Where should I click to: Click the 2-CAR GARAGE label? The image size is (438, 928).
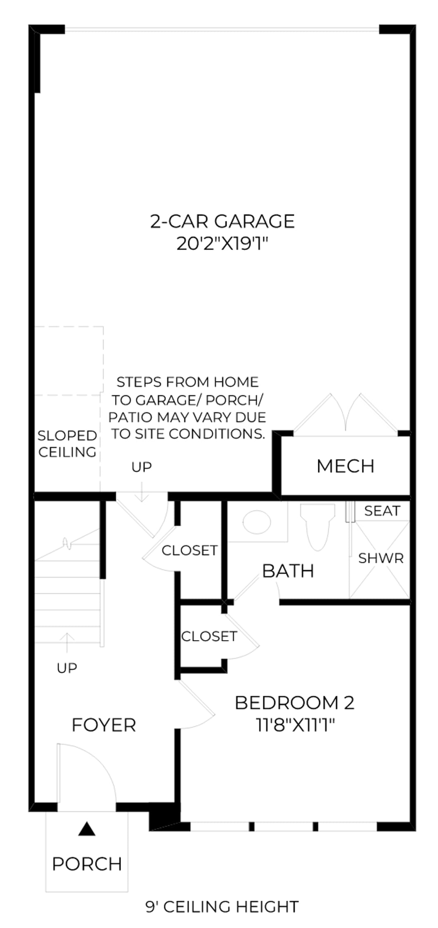coord(222,221)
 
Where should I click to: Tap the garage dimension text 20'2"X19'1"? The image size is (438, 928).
coord(222,244)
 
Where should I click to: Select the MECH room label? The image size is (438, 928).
coord(346,466)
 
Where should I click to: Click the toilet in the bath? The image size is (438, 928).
coord(317,526)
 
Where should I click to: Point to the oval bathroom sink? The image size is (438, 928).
coord(256,522)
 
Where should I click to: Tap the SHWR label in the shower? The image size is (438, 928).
coord(381,558)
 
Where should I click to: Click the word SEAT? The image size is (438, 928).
coord(382,511)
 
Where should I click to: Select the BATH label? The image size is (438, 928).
coord(288,571)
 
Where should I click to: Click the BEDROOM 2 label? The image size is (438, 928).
coord(295,703)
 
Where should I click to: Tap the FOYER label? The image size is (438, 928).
coord(104,725)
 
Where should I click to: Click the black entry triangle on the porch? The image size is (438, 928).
coord(87,828)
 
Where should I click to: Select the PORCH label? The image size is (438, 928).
coord(87,864)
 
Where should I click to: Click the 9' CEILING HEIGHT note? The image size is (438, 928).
coord(222,907)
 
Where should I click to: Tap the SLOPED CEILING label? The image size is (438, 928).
coord(67,444)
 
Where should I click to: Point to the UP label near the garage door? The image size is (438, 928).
coord(142,467)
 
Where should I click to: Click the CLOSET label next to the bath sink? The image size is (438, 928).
coord(189,550)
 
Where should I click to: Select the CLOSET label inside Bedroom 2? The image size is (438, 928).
coord(209,636)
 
